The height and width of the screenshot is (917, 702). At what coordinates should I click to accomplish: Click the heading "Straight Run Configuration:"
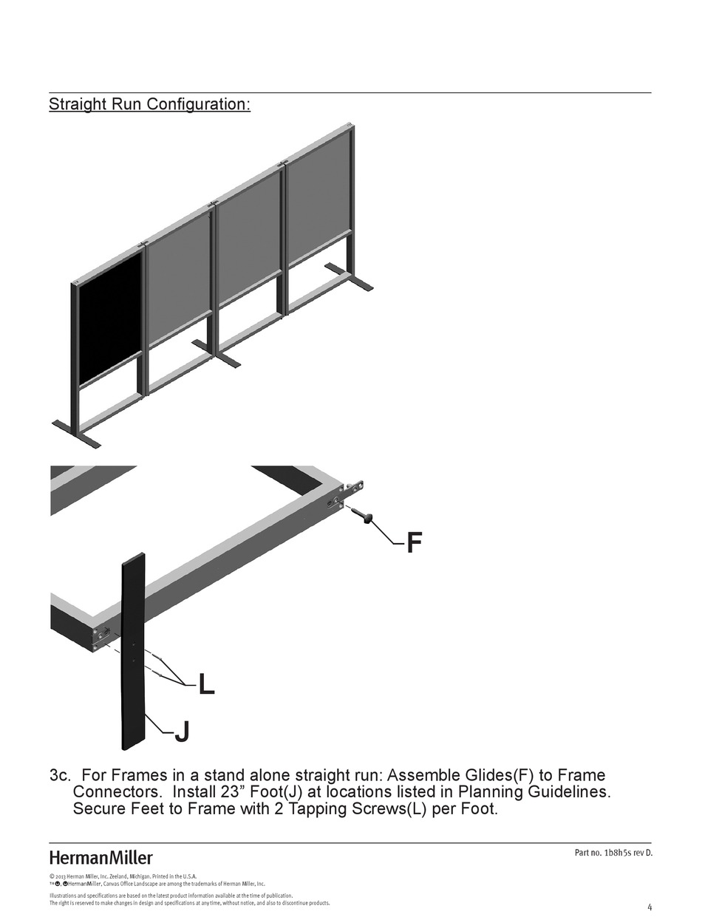[x=149, y=104]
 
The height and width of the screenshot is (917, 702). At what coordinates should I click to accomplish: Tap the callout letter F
[x=415, y=543]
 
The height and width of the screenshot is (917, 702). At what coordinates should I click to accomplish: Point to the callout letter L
[x=206, y=685]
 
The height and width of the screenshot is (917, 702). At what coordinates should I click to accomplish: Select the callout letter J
[x=182, y=732]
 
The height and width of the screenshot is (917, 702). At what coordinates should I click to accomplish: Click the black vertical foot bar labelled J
[x=134, y=650]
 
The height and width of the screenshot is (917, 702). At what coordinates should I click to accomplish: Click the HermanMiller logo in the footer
[x=100, y=858]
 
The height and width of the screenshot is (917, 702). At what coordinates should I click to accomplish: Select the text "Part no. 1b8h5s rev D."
[x=613, y=853]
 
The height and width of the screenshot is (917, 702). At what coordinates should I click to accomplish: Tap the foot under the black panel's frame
[x=76, y=434]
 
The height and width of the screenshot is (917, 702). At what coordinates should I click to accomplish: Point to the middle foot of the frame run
[x=217, y=354]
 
